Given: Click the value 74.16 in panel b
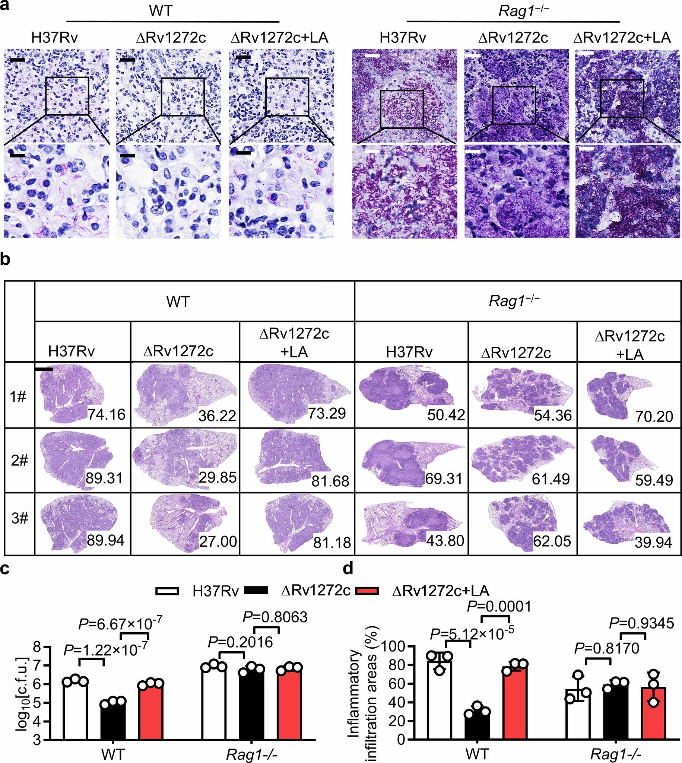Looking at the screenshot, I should point(107,415).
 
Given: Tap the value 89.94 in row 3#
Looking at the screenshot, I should point(106,540).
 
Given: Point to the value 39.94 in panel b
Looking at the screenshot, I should point(653,542).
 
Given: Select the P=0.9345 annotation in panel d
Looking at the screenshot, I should point(641,623).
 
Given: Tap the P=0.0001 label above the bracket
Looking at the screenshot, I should point(499,606).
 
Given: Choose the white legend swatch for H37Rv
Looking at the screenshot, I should point(167,591).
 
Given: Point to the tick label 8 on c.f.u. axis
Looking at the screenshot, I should point(36,647).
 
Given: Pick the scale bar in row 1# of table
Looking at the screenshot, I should point(44,369).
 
